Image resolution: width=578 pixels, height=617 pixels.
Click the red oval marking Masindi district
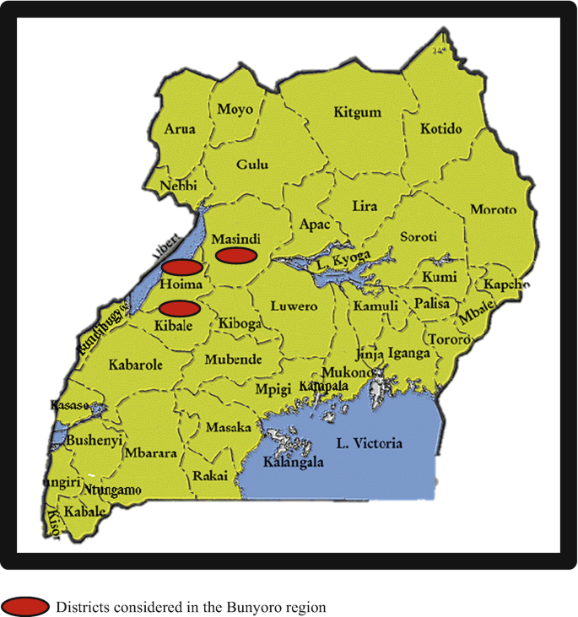click(235, 255)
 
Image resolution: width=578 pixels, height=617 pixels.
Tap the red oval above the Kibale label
click(179, 307)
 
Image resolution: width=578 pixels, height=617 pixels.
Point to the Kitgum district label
click(357, 112)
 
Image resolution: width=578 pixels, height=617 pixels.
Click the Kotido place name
click(440, 129)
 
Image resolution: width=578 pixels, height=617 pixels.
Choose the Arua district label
click(179, 129)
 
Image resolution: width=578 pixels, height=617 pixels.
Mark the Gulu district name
click(251, 165)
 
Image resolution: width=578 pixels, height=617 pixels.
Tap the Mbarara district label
click(150, 453)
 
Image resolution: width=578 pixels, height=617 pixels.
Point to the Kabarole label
click(135, 365)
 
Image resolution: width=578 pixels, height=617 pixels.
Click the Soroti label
click(419, 237)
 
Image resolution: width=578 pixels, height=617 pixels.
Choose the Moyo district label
click(234, 109)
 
